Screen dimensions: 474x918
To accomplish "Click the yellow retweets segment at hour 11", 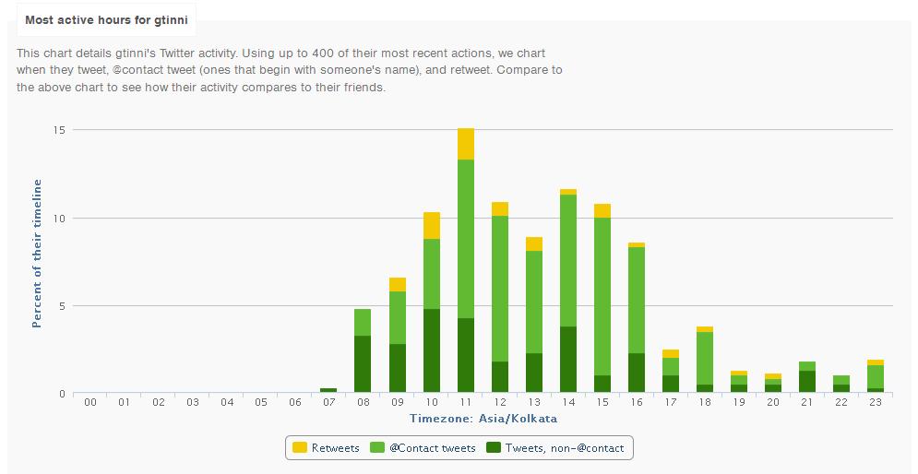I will (x=466, y=144).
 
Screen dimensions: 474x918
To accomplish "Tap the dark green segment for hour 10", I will (x=432, y=350).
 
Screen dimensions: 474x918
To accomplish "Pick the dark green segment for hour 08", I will (x=363, y=364).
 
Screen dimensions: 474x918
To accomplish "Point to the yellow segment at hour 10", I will (x=432, y=225).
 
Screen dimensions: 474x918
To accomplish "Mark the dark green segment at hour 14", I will (x=567, y=360).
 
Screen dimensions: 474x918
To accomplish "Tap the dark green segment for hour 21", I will (x=806, y=382).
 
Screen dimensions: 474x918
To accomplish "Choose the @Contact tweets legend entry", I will (x=424, y=448).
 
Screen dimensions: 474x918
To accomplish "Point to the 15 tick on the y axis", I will (x=59, y=130).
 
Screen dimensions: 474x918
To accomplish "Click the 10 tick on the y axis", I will (x=59, y=218).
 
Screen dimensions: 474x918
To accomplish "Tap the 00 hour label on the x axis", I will (x=90, y=402).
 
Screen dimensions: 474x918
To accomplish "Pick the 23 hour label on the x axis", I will (x=875, y=402).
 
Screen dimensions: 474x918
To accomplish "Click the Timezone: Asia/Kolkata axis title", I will (x=483, y=419).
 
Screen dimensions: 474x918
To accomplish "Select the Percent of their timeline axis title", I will (x=37, y=254).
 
